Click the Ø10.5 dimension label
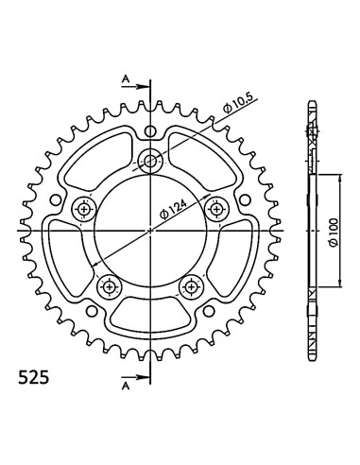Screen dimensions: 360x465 (x=238, y=103)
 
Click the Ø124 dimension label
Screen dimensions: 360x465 (x=173, y=209)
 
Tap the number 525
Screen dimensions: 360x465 (x=34, y=377)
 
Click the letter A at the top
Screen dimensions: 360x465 (x=126, y=79)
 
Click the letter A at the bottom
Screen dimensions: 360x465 (x=126, y=386)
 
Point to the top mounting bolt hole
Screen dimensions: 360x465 (x=150, y=162)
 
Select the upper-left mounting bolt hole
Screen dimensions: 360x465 (x=84, y=209)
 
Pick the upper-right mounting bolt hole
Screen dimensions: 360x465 (x=216, y=209)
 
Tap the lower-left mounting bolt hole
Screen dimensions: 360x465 (x=110, y=286)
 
